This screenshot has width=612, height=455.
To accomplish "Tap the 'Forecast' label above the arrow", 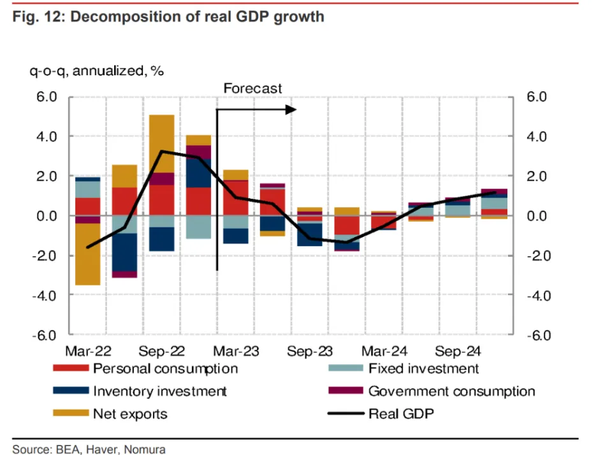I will coord(252,89).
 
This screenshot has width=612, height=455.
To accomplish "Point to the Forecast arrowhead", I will coord(291,110).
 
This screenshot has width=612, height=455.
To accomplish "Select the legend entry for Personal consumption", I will coord(165,368).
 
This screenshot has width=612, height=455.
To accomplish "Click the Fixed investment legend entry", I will coord(423,368).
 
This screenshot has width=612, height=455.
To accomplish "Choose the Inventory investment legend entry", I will coord(159,391).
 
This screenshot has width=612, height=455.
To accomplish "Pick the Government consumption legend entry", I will coord(451,391).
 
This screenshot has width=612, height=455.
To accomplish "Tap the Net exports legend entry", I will coord(130,414).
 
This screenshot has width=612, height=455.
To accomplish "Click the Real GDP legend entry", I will coord(402,414).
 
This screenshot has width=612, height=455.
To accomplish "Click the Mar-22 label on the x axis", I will coord(88,351).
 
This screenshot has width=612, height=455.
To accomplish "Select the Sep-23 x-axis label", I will coord(309,351).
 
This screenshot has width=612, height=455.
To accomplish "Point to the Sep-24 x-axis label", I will coord(456,351).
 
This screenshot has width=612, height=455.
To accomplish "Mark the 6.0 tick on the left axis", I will coord(47,97).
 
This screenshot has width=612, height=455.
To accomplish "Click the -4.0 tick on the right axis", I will coord(537,295).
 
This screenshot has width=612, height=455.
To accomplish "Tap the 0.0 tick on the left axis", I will coord(47,216).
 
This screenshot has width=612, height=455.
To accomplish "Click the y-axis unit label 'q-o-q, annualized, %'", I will coord(96,71).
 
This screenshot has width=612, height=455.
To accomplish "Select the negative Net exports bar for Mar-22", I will coord(88,254).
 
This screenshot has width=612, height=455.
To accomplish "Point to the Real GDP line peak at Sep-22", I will coord(162,151).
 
